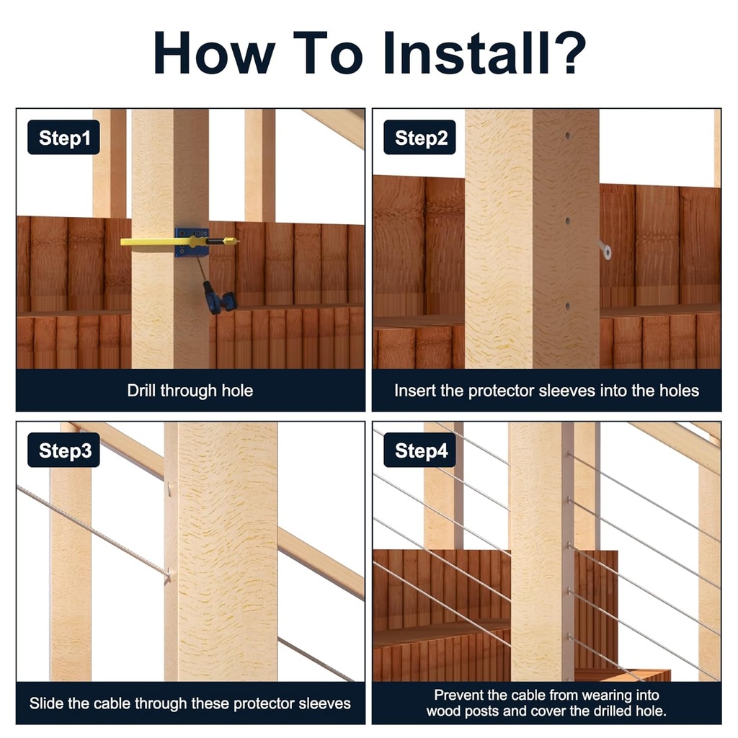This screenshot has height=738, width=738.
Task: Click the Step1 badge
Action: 63,137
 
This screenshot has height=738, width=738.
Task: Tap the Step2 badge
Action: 419,137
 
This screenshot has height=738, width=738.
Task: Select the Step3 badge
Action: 63,450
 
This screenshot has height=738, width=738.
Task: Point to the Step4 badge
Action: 419,450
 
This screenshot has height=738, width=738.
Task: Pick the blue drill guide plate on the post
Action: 192,242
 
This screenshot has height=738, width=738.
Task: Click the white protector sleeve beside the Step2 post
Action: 605,249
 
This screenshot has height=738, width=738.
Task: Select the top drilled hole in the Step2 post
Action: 568,135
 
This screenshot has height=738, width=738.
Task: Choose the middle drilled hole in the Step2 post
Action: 568,221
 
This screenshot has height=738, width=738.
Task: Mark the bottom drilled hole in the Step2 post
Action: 568,306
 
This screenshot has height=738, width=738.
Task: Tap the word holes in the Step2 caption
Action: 679,391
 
